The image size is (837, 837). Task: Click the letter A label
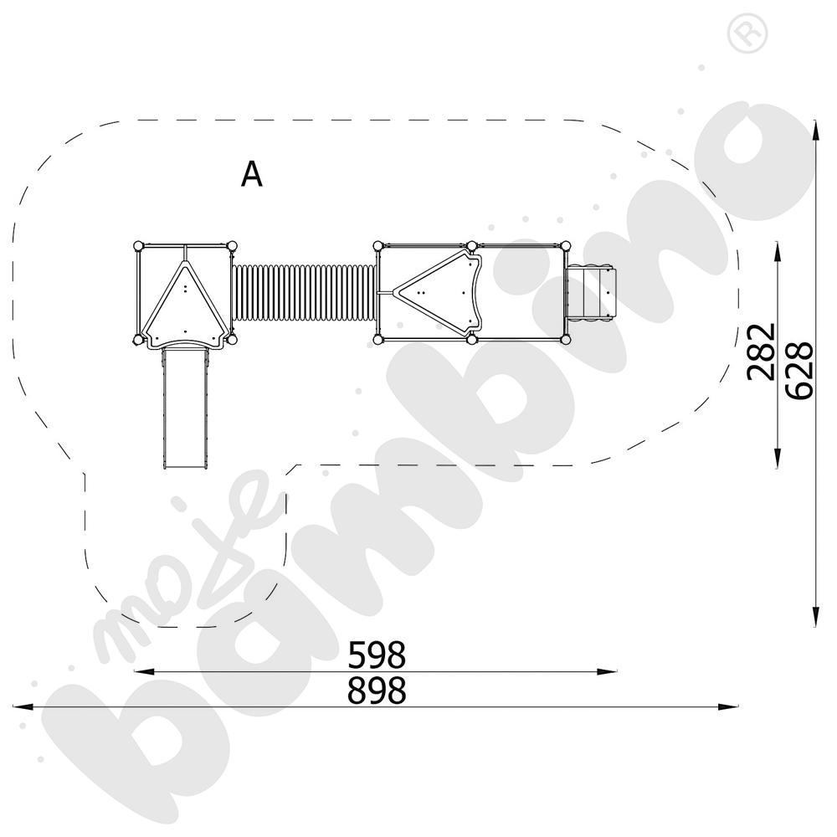pyautogui.click(x=252, y=174)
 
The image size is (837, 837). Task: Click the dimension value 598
pyautogui.click(x=377, y=653)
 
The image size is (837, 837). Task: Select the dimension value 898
pyautogui.click(x=377, y=691)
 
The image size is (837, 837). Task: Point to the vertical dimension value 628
pyautogui.click(x=800, y=370)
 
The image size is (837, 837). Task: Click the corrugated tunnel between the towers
pyautogui.click(x=304, y=292)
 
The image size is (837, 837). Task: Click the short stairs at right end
pyautogui.click(x=593, y=292)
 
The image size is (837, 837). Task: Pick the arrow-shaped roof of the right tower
pyautogui.click(x=439, y=292)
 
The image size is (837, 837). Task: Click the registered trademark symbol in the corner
pyautogui.click(x=741, y=33)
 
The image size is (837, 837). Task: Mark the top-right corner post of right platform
pyautogui.click(x=567, y=244)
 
